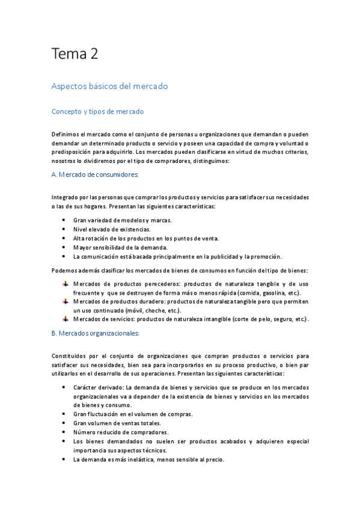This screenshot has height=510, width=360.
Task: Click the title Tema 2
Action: (x=75, y=55)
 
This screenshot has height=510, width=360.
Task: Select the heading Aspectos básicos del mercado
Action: (x=109, y=86)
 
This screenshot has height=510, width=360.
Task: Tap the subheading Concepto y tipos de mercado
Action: (x=97, y=112)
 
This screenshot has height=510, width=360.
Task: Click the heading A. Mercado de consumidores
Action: (x=95, y=174)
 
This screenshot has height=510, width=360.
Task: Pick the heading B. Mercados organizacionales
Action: (x=96, y=333)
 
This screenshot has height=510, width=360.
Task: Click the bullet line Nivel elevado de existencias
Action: (x=112, y=229)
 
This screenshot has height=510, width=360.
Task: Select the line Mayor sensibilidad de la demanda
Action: (x=120, y=247)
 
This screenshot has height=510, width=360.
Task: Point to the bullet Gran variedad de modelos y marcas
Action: (x=122, y=220)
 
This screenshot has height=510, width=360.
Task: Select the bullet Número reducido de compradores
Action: (x=120, y=432)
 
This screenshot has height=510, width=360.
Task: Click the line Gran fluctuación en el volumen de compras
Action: (x=133, y=414)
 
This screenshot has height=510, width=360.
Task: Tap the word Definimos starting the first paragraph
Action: (x=66, y=134)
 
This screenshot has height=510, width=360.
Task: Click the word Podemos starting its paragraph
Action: (x=65, y=270)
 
